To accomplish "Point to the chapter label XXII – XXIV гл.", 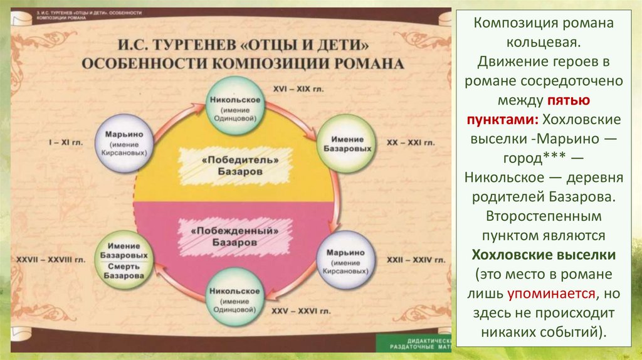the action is [416, 258].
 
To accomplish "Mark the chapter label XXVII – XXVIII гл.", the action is [45, 258].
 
